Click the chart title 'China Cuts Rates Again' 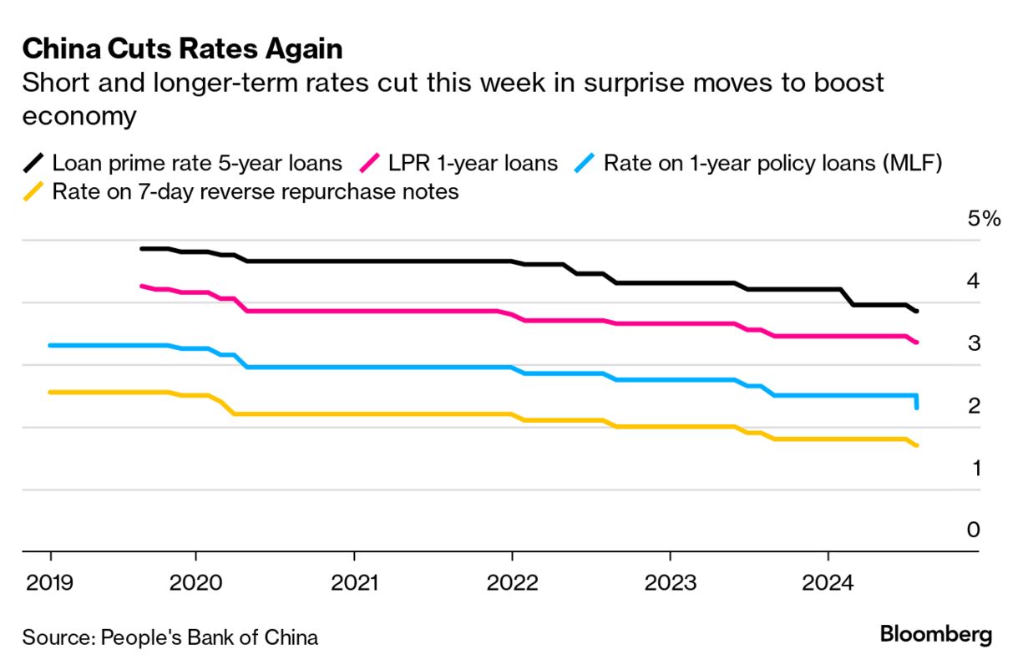pyautogui.click(x=182, y=49)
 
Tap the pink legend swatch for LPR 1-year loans pyautogui.click(x=371, y=162)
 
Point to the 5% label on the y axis pyautogui.click(x=983, y=220)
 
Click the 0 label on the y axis pyautogui.click(x=972, y=530)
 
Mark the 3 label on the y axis pyautogui.click(x=972, y=343)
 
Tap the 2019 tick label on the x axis pyautogui.click(x=50, y=582)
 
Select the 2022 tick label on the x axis pyautogui.click(x=512, y=582)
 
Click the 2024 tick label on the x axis pyautogui.click(x=828, y=582)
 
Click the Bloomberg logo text pyautogui.click(x=936, y=634)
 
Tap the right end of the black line pyautogui.click(x=917, y=311)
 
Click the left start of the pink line pyautogui.click(x=142, y=286)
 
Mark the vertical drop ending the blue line pyautogui.click(x=917, y=401)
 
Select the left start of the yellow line pyautogui.click(x=51, y=392)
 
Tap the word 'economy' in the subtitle pyautogui.click(x=79, y=115)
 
